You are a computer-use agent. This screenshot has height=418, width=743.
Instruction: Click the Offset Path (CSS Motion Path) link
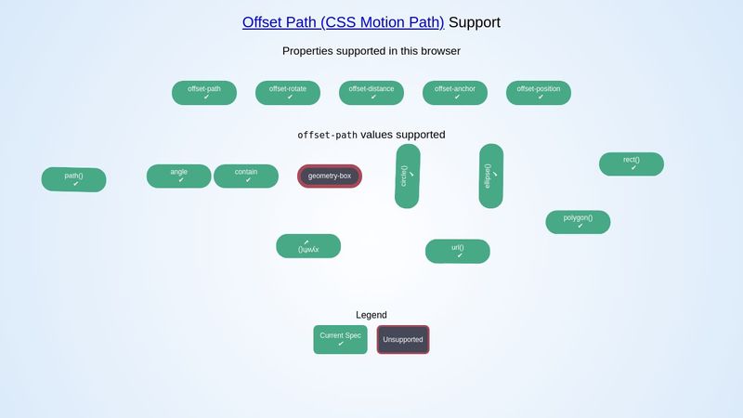tap(343, 22)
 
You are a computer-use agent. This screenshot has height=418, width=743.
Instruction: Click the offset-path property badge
tap(204, 93)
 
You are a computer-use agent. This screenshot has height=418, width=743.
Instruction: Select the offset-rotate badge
tap(288, 93)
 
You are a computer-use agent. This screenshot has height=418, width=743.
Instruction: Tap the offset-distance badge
tap(371, 93)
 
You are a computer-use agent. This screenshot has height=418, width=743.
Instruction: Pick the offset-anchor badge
tap(455, 93)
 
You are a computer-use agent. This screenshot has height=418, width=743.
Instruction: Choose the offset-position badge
tap(539, 93)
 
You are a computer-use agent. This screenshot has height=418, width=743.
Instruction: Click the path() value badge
tap(74, 179)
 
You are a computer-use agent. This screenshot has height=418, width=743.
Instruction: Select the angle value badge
tap(179, 176)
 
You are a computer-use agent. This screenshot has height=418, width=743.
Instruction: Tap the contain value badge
tap(246, 176)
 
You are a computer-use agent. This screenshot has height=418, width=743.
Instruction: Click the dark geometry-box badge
tap(330, 176)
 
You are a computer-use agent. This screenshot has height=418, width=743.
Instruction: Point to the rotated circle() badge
tap(408, 176)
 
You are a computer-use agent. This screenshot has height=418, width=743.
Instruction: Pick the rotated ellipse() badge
tap(491, 176)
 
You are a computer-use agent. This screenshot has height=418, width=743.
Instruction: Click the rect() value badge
tap(632, 163)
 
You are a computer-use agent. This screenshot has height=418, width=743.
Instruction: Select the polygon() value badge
tap(578, 222)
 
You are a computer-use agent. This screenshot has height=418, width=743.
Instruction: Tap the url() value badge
tap(458, 252)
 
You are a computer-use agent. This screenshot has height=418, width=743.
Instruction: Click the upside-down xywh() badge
tap(308, 246)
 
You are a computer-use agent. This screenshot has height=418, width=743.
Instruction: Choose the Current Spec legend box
tap(341, 339)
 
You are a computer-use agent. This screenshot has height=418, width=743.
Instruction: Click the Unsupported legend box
tap(403, 339)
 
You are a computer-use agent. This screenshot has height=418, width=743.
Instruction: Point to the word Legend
tap(371, 315)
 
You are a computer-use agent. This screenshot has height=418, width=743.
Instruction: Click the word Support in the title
tap(475, 22)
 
